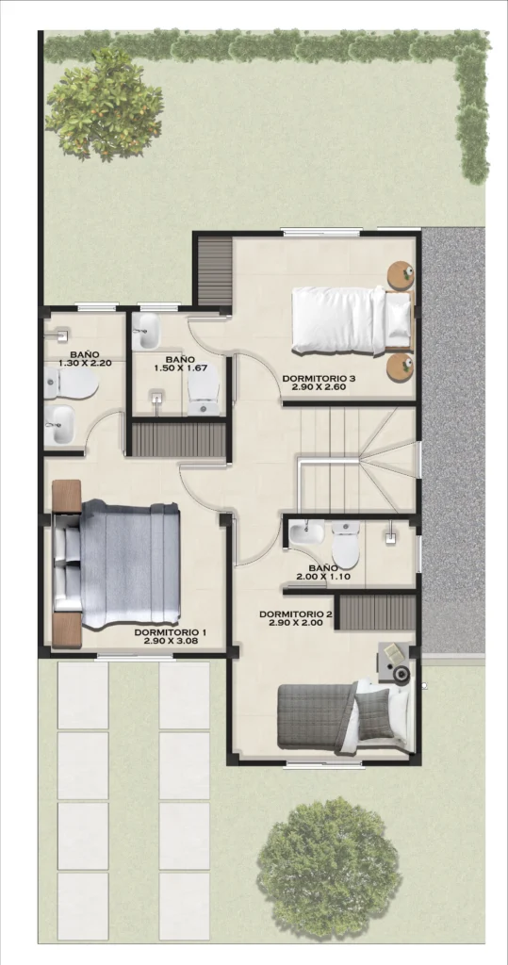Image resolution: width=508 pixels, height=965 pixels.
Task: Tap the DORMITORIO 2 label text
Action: [x=296, y=614]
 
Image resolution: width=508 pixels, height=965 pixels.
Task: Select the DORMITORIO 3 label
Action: [x=319, y=379]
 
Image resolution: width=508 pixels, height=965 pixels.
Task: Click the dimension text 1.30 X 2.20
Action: [x=85, y=364]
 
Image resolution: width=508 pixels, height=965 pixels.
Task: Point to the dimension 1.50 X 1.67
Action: [x=180, y=368]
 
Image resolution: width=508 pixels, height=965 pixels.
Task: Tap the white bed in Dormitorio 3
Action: [x=351, y=320]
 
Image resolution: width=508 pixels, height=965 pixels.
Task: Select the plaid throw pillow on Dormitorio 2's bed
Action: [x=373, y=714]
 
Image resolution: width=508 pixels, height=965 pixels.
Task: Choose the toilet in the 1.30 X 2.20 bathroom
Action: [x=71, y=384]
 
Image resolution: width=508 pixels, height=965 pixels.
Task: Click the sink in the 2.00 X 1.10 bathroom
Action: [x=306, y=532]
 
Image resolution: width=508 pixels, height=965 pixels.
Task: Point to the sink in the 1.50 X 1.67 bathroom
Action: [x=145, y=331]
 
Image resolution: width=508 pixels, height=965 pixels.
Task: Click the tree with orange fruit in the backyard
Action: [x=104, y=104]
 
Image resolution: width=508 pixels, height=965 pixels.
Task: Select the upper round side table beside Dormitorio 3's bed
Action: [x=401, y=275]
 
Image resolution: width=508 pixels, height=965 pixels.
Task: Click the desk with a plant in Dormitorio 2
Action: [x=395, y=662]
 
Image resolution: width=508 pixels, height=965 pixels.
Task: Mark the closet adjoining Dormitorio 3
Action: [x=214, y=271]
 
